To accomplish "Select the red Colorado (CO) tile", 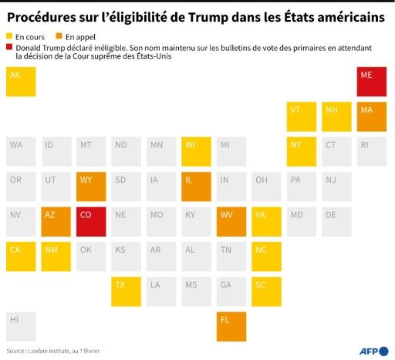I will [x=90, y=221].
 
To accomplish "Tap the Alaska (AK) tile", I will [x=21, y=82].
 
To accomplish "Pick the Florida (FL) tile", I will [x=231, y=326].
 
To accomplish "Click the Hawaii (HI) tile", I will [x=21, y=326].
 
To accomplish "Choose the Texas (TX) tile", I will [x=126, y=291].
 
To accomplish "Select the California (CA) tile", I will [x=21, y=256].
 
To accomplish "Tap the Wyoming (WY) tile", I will [x=90, y=187].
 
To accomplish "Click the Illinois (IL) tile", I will [x=196, y=187].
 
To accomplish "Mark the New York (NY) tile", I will [x=302, y=152].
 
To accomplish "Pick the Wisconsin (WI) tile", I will [x=196, y=152].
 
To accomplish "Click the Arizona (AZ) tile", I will [x=56, y=221].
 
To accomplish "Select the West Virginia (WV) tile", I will [x=231, y=221].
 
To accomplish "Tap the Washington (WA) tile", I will [x=21, y=152].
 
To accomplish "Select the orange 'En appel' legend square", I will [x=59, y=36].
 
